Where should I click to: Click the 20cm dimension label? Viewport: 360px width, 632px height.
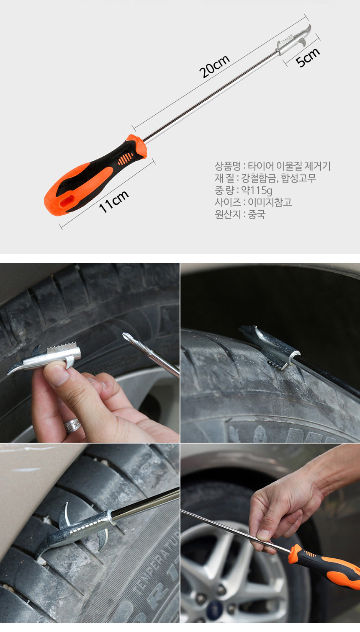coord(214,67)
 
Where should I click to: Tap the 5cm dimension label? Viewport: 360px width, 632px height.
coord(308,57)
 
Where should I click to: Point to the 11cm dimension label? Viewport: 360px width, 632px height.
coord(113,201)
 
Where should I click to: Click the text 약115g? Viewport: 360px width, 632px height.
coord(257,190)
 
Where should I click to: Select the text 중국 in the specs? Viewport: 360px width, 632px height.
coord(257,214)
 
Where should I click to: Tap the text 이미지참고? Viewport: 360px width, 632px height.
coord(270,202)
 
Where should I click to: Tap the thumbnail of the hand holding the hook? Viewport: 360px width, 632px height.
coord(90,353)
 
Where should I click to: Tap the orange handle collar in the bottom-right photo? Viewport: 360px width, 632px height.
coord(295,552)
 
